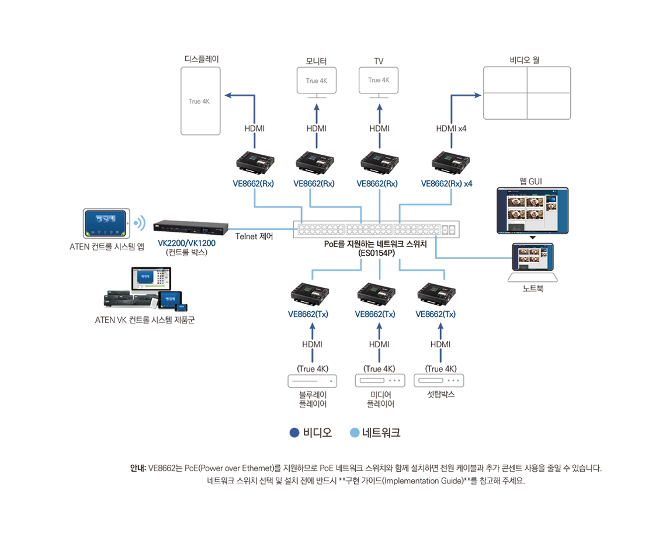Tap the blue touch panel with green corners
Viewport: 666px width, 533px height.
point(105,223)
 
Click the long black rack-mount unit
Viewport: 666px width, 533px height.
point(190,229)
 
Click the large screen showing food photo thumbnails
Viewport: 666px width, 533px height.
point(532,210)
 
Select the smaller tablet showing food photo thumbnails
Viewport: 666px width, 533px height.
point(532,257)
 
